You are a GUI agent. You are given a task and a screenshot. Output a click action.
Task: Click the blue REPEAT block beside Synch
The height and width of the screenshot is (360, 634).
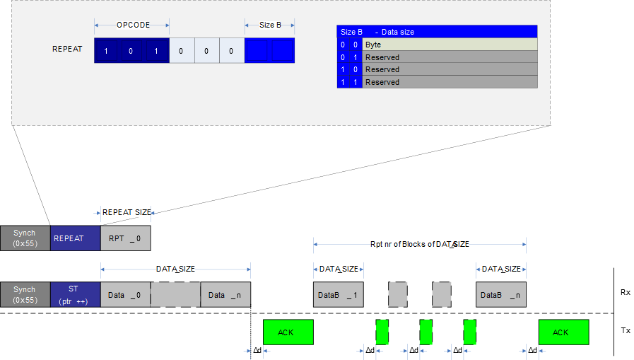pyautogui.click(x=75, y=238)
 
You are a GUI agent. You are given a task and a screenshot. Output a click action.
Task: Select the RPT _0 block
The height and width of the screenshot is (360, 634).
pyautogui.click(x=125, y=238)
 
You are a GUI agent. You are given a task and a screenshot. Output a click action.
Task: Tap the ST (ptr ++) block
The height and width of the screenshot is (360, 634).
pyautogui.click(x=75, y=294)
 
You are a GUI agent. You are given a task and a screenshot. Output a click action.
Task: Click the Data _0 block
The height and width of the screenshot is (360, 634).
pyautogui.click(x=125, y=294)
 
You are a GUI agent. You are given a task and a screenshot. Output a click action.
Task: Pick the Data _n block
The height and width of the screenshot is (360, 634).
pyautogui.click(x=225, y=294)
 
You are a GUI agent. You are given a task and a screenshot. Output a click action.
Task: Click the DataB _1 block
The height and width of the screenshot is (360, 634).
pyautogui.click(x=339, y=294)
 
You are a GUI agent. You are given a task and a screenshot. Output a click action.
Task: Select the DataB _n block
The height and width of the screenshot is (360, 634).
pyautogui.click(x=501, y=294)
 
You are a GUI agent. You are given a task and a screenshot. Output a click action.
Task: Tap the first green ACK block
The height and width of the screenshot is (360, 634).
pyautogui.click(x=288, y=332)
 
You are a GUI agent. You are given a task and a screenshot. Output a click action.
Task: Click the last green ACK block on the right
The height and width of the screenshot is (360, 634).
pyautogui.click(x=563, y=332)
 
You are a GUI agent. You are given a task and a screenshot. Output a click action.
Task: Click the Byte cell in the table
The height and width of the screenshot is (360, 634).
pyautogui.click(x=450, y=45)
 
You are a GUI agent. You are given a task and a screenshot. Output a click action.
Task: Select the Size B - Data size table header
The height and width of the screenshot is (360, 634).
pyautogui.click(x=437, y=32)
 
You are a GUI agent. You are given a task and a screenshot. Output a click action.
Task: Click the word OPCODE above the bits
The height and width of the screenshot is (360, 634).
pyautogui.click(x=133, y=25)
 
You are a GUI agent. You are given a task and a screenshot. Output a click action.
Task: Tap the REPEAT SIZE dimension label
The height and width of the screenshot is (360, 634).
pyautogui.click(x=127, y=212)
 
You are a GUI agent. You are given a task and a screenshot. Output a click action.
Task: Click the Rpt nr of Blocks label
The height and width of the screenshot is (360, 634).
pyautogui.click(x=419, y=244)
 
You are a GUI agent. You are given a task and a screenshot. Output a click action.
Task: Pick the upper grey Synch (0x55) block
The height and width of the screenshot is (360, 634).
pyautogui.click(x=25, y=238)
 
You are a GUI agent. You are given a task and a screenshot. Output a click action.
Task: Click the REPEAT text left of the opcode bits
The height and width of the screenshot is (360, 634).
pyautogui.click(x=67, y=50)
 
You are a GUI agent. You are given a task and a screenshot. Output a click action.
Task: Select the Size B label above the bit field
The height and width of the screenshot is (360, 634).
pyautogui.click(x=270, y=25)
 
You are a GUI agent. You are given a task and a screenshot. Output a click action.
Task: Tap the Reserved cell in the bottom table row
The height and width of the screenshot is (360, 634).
pyautogui.click(x=450, y=82)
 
